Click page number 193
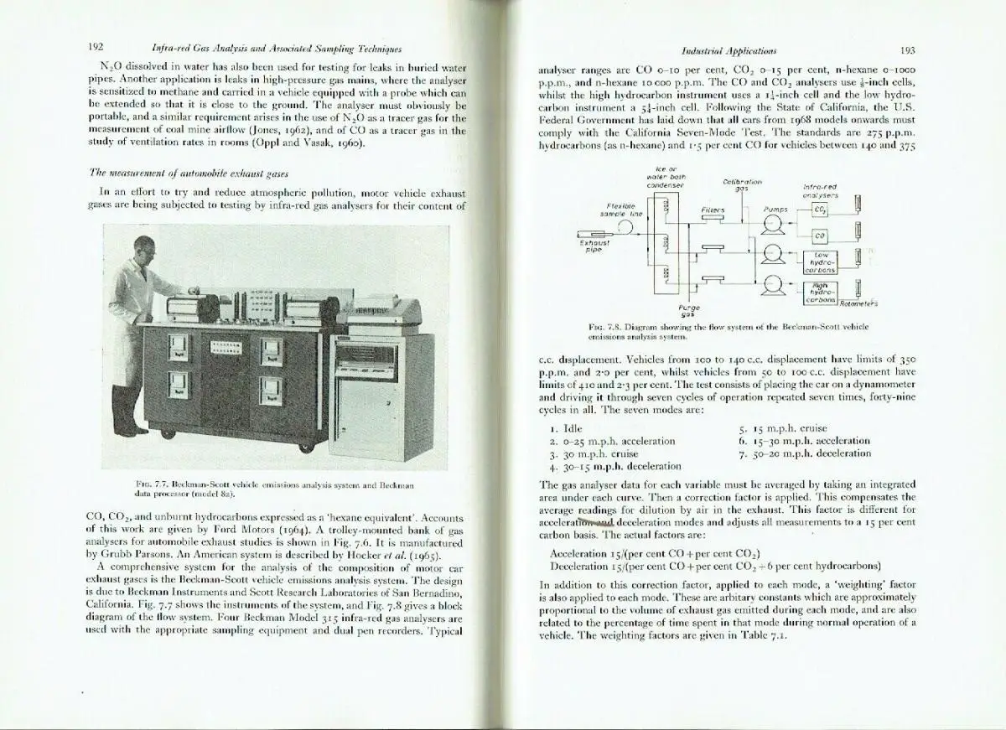click(907, 49)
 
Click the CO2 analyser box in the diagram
click(820, 210)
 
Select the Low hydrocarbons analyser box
click(820, 261)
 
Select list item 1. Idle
click(566, 428)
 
